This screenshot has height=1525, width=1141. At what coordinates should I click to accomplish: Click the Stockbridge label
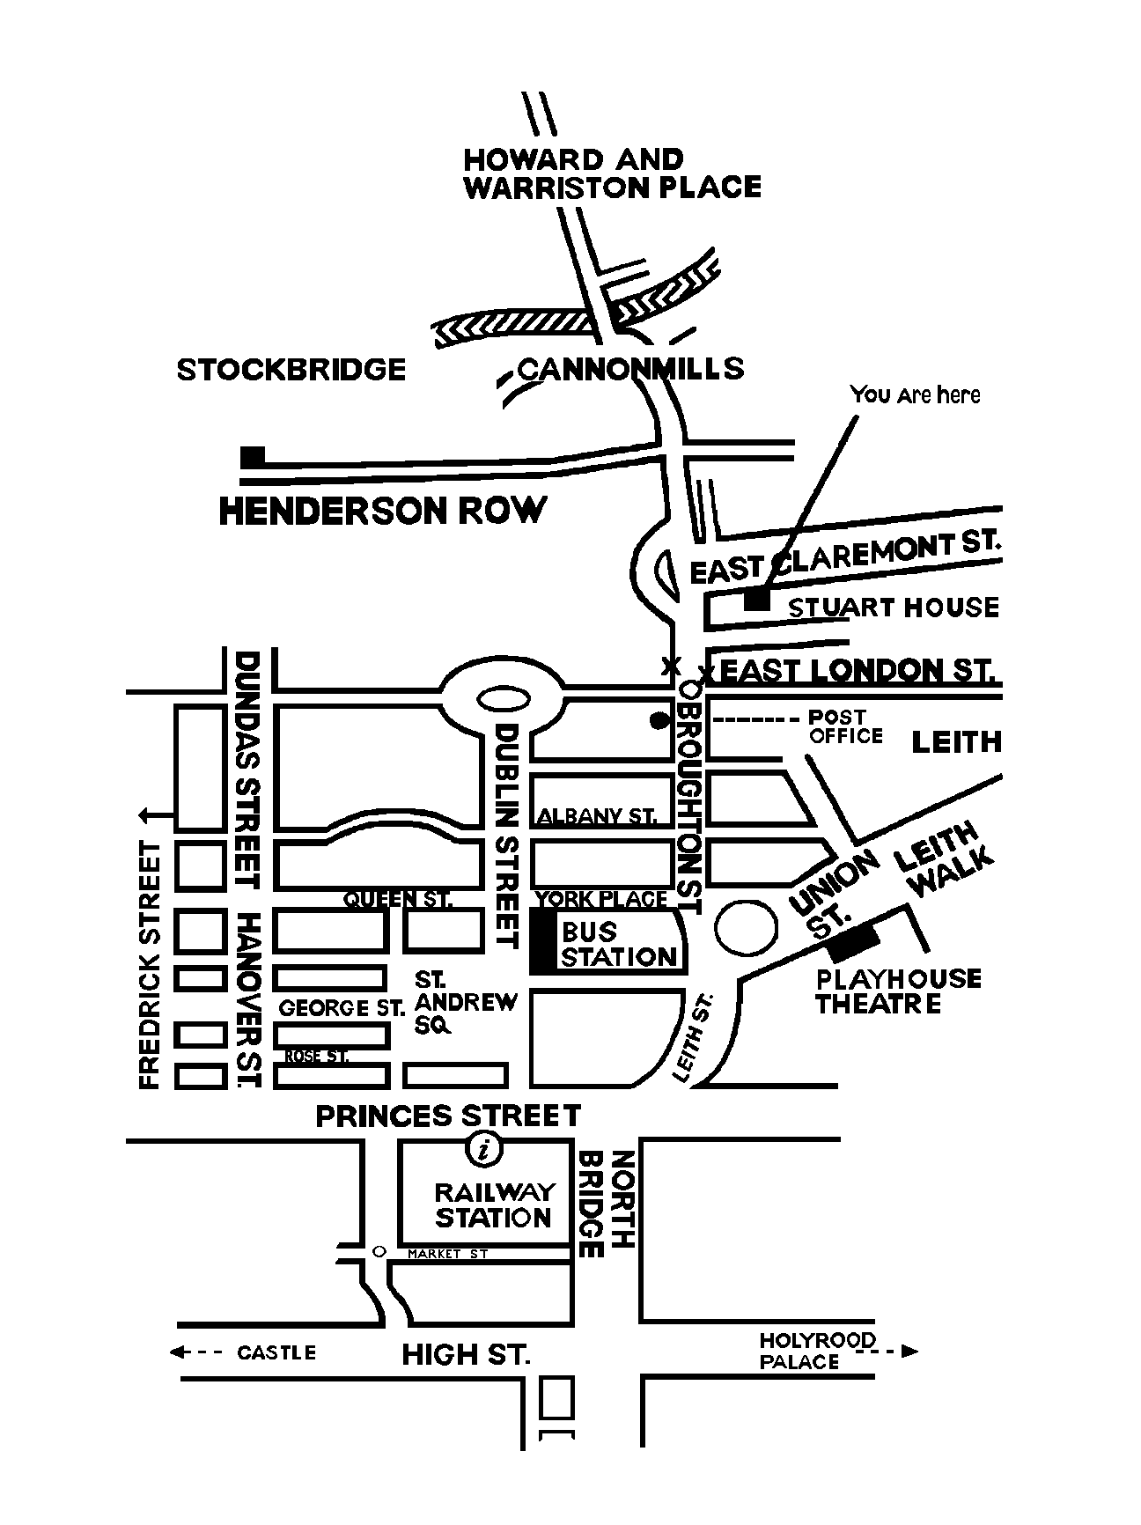[x=291, y=369]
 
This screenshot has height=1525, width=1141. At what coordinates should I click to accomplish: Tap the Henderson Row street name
[x=382, y=511]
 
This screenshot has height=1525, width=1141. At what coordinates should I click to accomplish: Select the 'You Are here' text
[x=915, y=394]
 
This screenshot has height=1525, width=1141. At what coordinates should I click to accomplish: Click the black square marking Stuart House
[x=756, y=599]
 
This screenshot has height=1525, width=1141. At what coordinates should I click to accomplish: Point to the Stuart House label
[x=893, y=608]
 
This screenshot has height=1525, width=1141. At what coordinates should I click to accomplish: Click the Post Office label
[x=845, y=727]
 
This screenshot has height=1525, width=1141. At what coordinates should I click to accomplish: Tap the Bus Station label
[x=619, y=944]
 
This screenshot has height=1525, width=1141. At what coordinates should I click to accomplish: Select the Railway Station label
[x=495, y=1205]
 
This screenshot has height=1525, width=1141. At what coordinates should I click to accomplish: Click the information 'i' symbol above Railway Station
[x=483, y=1148]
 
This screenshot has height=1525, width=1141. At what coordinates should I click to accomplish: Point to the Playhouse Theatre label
[x=898, y=991]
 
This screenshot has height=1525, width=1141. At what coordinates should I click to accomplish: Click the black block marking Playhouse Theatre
[x=853, y=942]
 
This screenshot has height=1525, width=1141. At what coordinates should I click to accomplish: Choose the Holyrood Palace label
[x=818, y=1351]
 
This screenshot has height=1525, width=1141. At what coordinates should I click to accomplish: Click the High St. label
[x=466, y=1354]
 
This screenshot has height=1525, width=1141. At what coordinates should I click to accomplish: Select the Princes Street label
[x=448, y=1116]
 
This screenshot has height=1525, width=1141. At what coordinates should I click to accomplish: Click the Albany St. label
[x=596, y=816]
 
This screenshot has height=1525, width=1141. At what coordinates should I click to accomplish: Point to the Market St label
[x=447, y=1253]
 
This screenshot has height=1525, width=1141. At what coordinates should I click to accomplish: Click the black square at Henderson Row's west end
[x=253, y=456]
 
